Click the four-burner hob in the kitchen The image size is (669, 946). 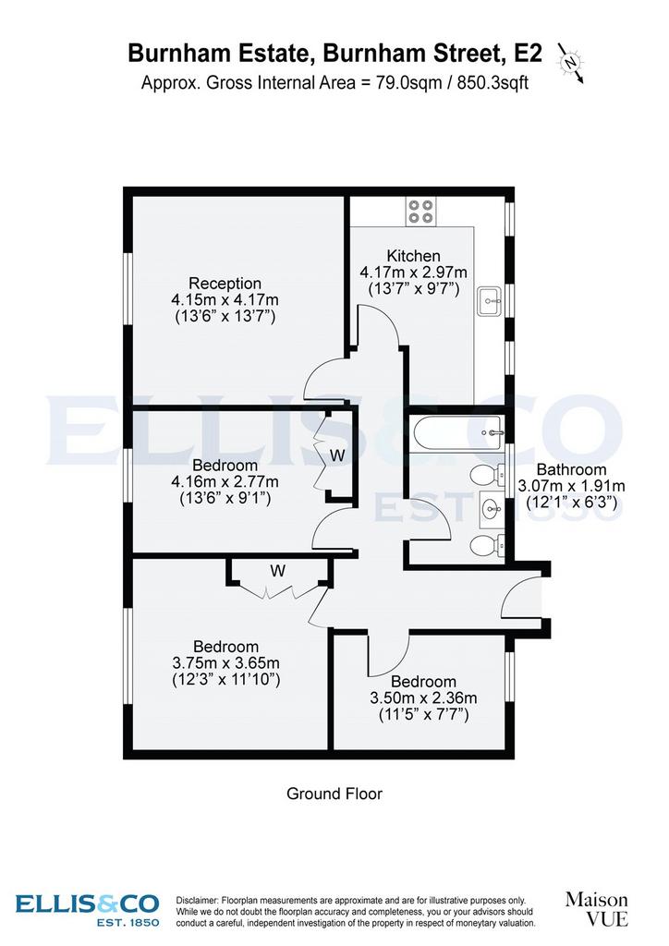click(x=421, y=212)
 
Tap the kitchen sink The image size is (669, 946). click(x=490, y=301)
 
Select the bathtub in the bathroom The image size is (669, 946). click(x=458, y=432)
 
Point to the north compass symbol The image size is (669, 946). click(x=571, y=63)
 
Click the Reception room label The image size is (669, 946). click(x=225, y=283)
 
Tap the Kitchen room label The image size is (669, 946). click(x=413, y=256)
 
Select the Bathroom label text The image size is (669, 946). click(x=571, y=469)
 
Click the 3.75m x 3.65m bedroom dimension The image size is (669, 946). click(x=226, y=663)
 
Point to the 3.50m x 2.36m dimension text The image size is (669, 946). click(x=423, y=698)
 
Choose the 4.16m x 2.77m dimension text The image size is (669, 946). click(x=225, y=482)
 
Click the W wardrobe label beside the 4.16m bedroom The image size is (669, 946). click(x=337, y=455)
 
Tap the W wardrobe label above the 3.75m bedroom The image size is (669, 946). click(x=277, y=571)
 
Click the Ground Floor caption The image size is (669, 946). click(x=334, y=794)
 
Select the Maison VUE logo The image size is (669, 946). click(x=597, y=909)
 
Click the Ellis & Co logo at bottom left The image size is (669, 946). click(x=88, y=909)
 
